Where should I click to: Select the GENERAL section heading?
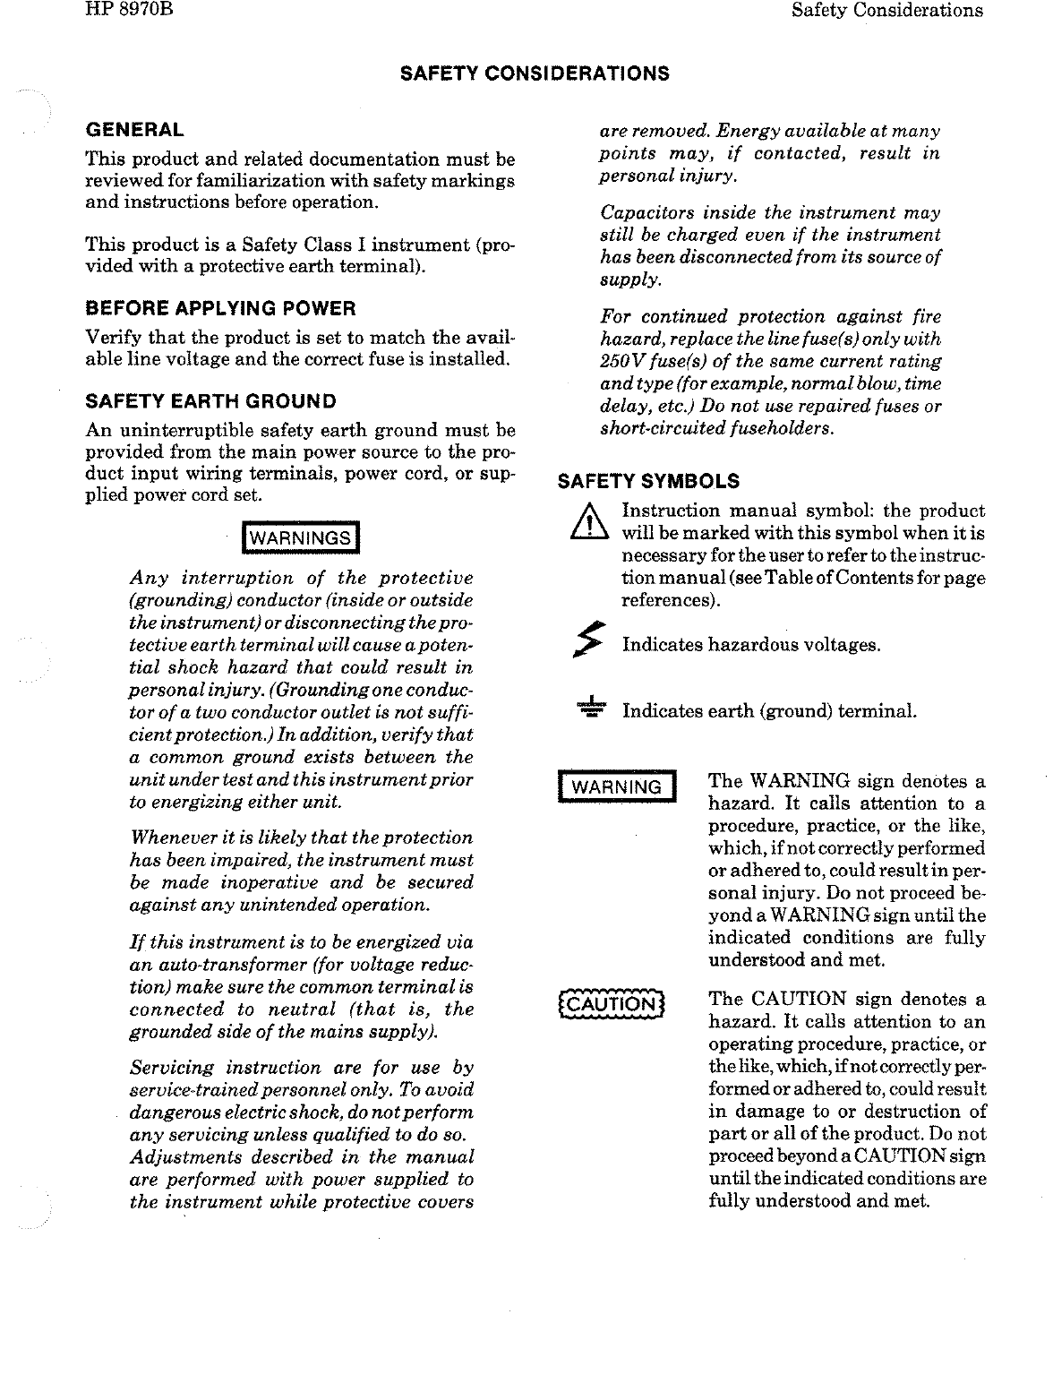[x=134, y=130]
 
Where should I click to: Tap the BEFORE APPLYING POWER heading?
[x=220, y=309]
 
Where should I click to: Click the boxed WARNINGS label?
[x=300, y=537]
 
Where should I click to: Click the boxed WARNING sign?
[x=617, y=787]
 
